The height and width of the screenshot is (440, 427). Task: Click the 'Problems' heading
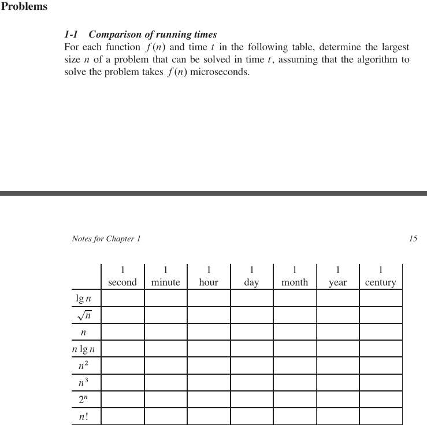click(24, 7)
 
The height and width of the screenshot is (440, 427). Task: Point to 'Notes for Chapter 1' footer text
click(106, 238)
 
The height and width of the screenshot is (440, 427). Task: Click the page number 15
click(413, 238)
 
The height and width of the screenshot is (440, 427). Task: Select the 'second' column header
click(122, 282)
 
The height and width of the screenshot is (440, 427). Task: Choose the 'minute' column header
click(165, 282)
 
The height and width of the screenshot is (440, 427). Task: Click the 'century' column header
click(380, 282)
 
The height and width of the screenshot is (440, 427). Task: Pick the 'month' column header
click(295, 282)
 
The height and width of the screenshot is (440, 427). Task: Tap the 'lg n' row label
click(83, 299)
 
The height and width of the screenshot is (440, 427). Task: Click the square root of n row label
click(86, 315)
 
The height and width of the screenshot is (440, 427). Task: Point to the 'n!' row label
click(84, 416)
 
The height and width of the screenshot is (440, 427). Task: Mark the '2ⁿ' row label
click(84, 400)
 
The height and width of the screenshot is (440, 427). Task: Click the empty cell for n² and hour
click(209, 366)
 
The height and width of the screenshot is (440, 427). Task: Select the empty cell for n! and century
click(380, 416)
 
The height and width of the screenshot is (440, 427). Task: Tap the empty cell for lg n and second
click(122, 299)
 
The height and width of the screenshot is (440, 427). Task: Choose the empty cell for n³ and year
click(337, 382)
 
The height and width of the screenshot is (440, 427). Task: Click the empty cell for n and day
click(251, 332)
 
